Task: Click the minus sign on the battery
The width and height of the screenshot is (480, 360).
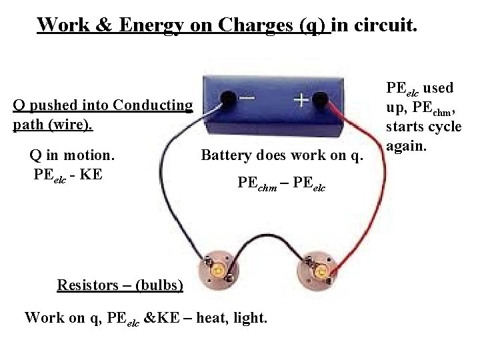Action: click(246, 98)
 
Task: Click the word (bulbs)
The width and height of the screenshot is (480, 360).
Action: click(158, 285)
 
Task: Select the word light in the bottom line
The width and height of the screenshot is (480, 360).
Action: click(250, 317)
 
